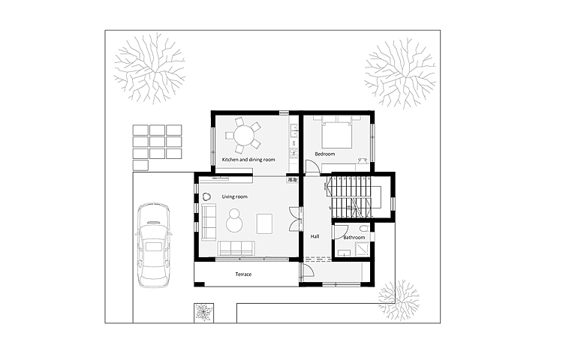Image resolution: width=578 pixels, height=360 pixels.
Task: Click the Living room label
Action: (234, 196)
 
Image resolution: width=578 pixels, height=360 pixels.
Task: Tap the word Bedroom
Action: (325, 154)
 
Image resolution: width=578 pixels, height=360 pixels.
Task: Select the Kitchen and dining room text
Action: (248, 160)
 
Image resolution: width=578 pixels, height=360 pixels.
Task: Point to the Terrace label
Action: (243, 274)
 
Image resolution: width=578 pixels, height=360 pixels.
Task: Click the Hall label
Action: (315, 236)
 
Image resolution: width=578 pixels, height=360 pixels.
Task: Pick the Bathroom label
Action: (354, 238)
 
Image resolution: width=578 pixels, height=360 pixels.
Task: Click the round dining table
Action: (244, 135)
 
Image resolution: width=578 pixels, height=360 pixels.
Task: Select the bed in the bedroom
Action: (336, 133)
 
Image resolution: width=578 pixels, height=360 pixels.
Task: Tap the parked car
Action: (154, 244)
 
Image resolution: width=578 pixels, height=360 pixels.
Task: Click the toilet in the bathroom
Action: (363, 228)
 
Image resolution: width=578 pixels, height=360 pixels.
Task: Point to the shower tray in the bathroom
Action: (362, 250)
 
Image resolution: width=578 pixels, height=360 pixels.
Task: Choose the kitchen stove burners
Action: (294, 153)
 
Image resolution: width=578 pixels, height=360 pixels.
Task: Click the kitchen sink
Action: (294, 129)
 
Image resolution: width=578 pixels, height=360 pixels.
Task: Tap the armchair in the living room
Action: (206, 197)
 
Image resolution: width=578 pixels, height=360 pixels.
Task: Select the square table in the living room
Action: (264, 223)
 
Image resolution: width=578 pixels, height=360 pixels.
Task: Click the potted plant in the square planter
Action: (203, 313)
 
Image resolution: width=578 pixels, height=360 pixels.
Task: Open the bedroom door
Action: (312, 166)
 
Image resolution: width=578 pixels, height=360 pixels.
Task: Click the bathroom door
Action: (339, 232)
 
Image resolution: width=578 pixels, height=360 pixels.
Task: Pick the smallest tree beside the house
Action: (399, 300)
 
